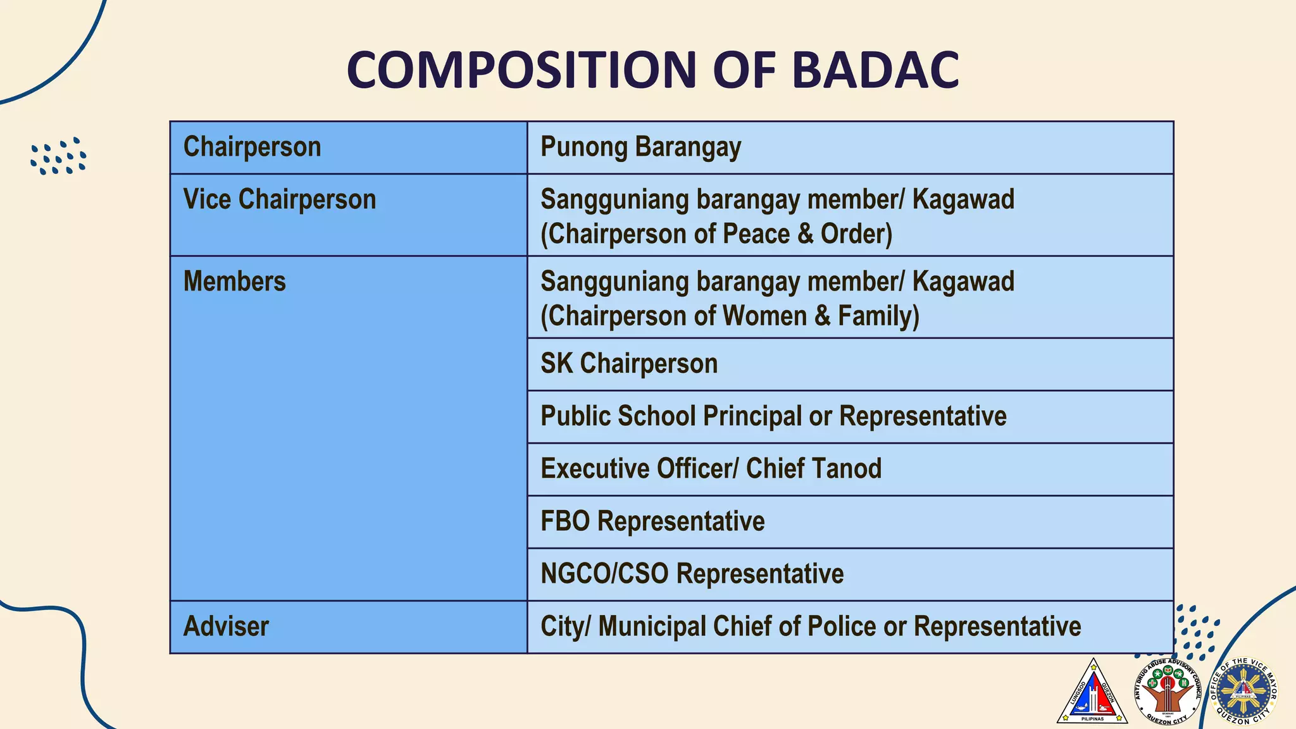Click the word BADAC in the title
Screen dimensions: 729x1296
[x=875, y=70]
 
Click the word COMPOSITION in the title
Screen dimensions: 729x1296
[x=521, y=70]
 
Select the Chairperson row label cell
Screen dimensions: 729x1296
[x=348, y=147]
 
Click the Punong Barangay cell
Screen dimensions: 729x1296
[x=850, y=147]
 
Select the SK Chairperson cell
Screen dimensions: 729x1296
[x=850, y=364]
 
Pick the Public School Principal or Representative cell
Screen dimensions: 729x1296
[x=850, y=416]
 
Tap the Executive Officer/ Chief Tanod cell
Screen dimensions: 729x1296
[x=850, y=469]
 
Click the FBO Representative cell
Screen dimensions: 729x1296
[x=850, y=521]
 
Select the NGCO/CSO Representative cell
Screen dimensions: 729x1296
[x=850, y=574]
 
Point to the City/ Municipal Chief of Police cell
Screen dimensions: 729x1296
[x=850, y=626]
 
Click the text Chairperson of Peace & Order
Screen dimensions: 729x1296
[x=716, y=234]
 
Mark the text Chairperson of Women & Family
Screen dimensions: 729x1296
[x=730, y=316]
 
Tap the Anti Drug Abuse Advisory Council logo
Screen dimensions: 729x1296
[x=1168, y=692]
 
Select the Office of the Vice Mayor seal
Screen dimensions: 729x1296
[x=1243, y=692]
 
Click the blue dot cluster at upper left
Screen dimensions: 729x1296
[x=58, y=156]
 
